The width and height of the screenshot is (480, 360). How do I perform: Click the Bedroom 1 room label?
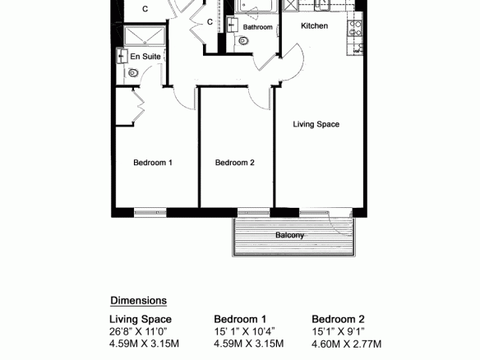point(153,163)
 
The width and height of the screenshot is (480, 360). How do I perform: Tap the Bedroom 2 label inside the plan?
point(235,163)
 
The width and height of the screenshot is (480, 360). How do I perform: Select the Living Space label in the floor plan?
point(316,124)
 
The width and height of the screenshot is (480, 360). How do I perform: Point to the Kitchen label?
point(315,25)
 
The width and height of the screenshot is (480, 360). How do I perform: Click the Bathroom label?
point(258,27)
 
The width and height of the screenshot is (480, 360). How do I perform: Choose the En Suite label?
point(145,57)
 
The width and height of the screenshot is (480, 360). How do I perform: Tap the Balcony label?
point(289,235)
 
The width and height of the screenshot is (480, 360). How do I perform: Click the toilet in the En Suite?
point(133,73)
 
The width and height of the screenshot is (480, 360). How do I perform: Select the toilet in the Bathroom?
point(243,41)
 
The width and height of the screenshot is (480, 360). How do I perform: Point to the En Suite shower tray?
point(145,35)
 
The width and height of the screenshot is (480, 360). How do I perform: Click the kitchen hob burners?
point(355,28)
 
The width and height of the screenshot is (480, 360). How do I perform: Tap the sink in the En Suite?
point(122,57)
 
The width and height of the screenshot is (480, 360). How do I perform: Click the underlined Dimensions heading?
point(139,301)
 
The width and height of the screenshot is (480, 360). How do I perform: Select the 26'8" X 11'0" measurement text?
point(138,331)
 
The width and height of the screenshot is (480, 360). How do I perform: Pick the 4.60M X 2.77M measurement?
point(347,344)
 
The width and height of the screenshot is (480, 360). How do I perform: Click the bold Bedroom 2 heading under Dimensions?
point(339,319)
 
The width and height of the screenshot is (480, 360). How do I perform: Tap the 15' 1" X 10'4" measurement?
point(244,331)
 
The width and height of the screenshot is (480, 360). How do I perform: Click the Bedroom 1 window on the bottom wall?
point(150,212)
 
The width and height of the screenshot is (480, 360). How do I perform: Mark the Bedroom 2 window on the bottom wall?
point(254,212)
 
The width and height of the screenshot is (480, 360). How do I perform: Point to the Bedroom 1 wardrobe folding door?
point(138,106)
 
